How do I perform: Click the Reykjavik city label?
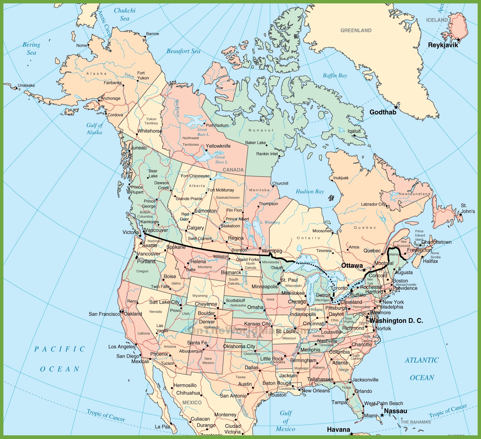point(443,45)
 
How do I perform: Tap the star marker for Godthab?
point(396,107)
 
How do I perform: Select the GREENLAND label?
point(356,30)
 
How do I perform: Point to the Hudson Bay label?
point(310,191)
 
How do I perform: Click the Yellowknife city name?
point(218,146)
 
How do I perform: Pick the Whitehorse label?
point(150,131)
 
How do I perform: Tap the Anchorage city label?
point(110,98)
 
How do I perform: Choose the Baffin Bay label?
point(335,75)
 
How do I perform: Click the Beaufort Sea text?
point(183,51)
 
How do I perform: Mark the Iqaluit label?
point(354,131)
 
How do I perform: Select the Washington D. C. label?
point(396,321)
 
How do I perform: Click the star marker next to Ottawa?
point(364,270)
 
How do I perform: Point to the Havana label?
point(339,430)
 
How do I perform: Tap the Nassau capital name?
point(395,411)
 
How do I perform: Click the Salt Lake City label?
point(164,302)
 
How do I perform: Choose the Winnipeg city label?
point(272,251)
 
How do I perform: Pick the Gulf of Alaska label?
point(94,129)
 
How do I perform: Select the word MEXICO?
point(192,402)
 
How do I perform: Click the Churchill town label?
point(280,183)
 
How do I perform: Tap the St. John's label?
point(468,208)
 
